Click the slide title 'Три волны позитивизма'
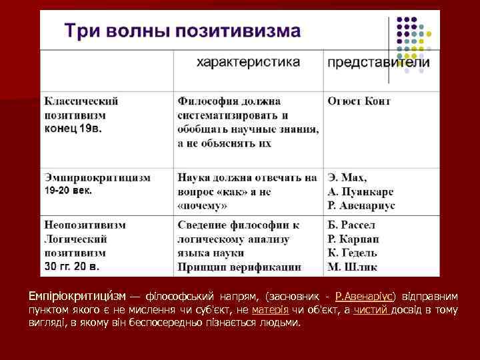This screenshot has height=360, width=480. (181, 31)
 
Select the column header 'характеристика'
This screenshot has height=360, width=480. (247, 62)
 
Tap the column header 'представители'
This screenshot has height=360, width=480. (378, 63)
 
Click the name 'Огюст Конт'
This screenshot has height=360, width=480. (359, 101)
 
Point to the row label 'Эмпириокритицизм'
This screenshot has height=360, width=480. (97, 178)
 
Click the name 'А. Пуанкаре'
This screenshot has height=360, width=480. (361, 192)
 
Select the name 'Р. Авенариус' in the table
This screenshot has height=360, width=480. (361, 206)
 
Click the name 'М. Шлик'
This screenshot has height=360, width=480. (353, 267)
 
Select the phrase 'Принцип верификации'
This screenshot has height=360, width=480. (239, 267)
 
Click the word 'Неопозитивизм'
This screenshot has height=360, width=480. (85, 225)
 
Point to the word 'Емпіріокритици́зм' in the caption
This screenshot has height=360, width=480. (73, 295)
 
